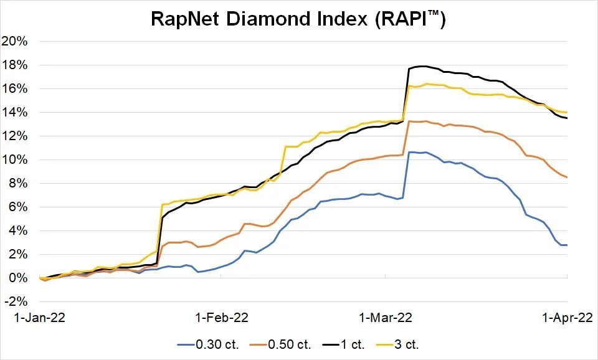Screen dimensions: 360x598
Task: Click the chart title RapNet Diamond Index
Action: pyautogui.click(x=298, y=19)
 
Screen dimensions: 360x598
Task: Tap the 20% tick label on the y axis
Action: pyautogui.click(x=16, y=42)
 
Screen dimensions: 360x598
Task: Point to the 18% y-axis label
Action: pyautogui.click(x=16, y=65)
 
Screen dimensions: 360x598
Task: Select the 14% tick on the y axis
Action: pyautogui.click(x=16, y=113)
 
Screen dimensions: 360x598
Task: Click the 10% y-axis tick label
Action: pyautogui.click(x=16, y=160)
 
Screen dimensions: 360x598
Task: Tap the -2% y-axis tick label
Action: pyautogui.click(x=17, y=301)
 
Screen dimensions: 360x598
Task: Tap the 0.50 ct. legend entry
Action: pyautogui.click(x=288, y=344)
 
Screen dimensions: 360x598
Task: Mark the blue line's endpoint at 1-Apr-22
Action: pyautogui.click(x=566, y=245)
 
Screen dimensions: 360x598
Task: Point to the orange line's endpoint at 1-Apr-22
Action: pyautogui.click(x=566, y=178)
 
